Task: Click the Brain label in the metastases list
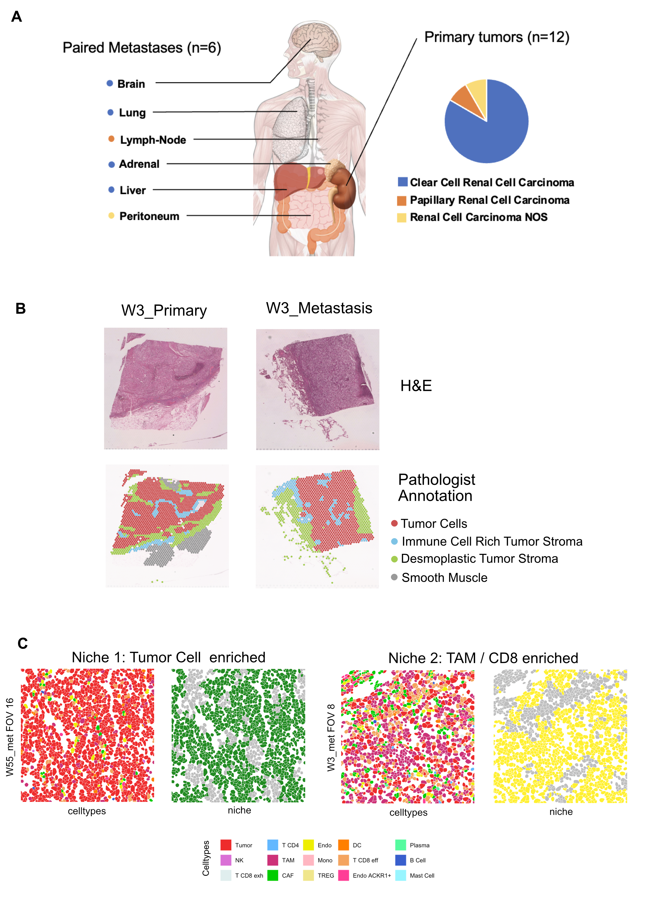[x=131, y=84]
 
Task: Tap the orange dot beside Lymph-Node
[x=111, y=139]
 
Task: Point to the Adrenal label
[x=139, y=164]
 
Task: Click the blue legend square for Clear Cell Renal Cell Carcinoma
[x=402, y=182]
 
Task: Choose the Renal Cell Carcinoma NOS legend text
[x=478, y=217]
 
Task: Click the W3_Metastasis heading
[x=319, y=308]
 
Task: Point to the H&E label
[x=416, y=386]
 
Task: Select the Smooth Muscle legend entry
[x=444, y=577]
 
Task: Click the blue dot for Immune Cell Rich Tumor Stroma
[x=394, y=541]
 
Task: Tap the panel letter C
[x=23, y=643]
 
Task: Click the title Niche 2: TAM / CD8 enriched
[x=483, y=658]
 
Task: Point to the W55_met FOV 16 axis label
[x=10, y=737]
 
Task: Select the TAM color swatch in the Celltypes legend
[x=272, y=860]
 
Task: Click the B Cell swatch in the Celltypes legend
[x=400, y=860]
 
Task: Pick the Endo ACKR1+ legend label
[x=371, y=875]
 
